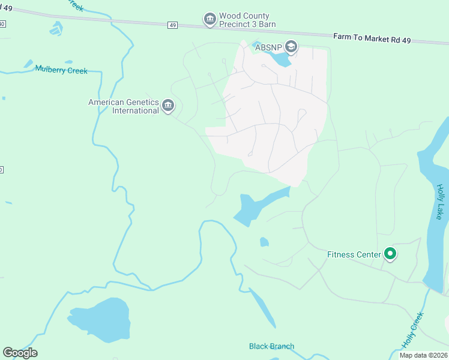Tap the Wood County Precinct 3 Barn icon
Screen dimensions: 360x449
pyautogui.click(x=209, y=20)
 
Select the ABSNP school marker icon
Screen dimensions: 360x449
pyautogui.click(x=291, y=46)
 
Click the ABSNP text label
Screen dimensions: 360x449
pyautogui.click(x=268, y=47)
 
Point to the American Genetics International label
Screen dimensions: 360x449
pyautogui.click(x=124, y=106)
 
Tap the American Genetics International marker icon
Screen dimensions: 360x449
pyautogui.click(x=168, y=107)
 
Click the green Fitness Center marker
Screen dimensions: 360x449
pyautogui.click(x=390, y=254)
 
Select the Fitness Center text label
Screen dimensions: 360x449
pyautogui.click(x=354, y=254)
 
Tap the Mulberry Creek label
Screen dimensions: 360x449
pyautogui.click(x=61, y=70)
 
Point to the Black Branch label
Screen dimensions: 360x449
pyautogui.click(x=271, y=346)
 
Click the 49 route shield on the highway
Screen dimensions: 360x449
pyautogui.click(x=173, y=25)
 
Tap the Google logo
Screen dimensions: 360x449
pyautogui.click(x=20, y=352)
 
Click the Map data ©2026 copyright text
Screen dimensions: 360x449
pyautogui.click(x=423, y=355)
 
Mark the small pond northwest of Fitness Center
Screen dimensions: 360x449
pyautogui.click(x=264, y=242)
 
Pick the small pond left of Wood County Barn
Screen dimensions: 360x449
pyautogui.click(x=56, y=28)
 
